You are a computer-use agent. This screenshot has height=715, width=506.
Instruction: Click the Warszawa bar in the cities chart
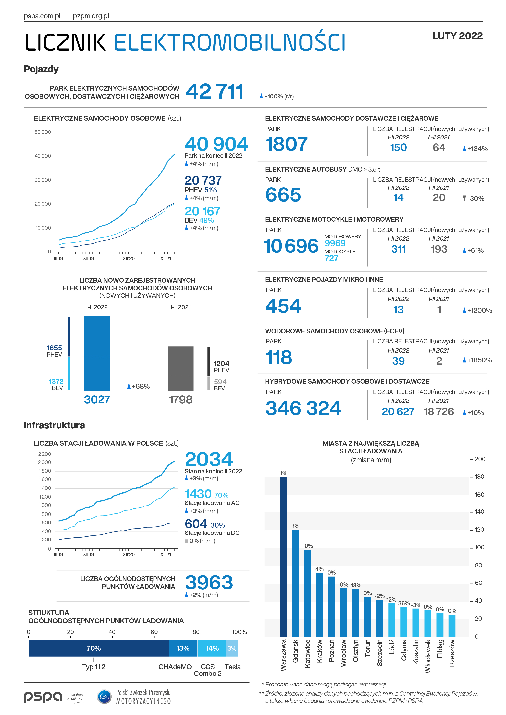283,557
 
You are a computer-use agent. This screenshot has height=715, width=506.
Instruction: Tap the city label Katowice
307,654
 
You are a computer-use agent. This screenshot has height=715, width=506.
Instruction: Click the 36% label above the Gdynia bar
404,603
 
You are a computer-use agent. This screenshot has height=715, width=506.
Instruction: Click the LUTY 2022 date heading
457,36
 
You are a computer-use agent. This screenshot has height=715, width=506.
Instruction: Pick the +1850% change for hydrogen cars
477,360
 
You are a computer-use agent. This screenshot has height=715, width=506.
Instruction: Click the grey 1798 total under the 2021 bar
180,400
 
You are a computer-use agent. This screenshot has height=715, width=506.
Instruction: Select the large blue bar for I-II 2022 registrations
97,354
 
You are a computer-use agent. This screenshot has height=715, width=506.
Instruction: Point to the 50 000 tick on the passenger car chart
43,132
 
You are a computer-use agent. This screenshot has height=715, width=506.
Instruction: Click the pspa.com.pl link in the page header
42,16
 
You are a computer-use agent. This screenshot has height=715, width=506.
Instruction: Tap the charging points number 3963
209,582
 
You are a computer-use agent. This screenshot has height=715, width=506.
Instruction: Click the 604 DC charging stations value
196,524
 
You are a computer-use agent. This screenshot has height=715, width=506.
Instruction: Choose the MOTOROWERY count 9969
335,243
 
